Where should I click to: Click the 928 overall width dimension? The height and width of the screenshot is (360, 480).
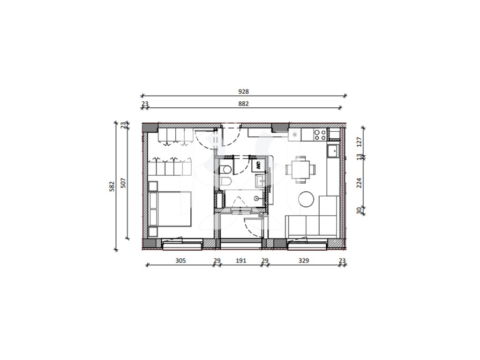[x=243, y=91]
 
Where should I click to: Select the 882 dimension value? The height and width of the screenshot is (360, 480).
[x=243, y=104]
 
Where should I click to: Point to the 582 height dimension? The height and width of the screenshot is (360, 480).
[x=112, y=187]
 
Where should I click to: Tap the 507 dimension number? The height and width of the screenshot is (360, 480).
[x=123, y=183]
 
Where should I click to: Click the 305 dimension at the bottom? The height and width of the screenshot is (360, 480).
[x=180, y=261]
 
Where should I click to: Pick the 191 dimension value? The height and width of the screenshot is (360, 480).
[x=241, y=261]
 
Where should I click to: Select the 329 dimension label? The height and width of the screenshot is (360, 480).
[x=304, y=261]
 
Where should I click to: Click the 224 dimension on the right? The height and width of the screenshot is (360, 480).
[x=360, y=183]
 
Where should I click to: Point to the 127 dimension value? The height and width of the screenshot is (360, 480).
[x=360, y=142]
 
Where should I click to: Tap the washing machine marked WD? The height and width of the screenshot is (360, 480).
[x=258, y=165]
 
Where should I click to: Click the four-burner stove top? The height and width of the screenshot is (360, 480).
[x=320, y=135]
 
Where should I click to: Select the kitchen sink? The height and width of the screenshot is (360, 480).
[x=332, y=150]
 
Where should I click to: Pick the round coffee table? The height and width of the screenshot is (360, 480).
[x=306, y=199]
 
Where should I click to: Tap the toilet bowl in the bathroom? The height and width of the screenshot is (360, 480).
[x=225, y=169]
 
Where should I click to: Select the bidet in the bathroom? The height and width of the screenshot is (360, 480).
[x=225, y=182]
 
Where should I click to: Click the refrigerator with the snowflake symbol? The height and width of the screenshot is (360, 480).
[x=294, y=135]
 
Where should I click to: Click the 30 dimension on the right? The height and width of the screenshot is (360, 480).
[x=360, y=210]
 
